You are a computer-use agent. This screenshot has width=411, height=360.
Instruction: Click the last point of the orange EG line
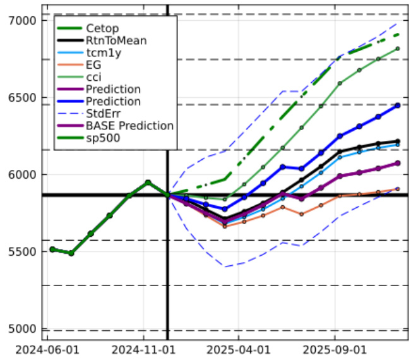coord(397,188)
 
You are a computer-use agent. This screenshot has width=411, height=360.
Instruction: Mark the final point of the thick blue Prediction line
coord(397,105)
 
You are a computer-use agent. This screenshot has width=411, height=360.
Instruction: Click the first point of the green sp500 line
coord(52,249)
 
